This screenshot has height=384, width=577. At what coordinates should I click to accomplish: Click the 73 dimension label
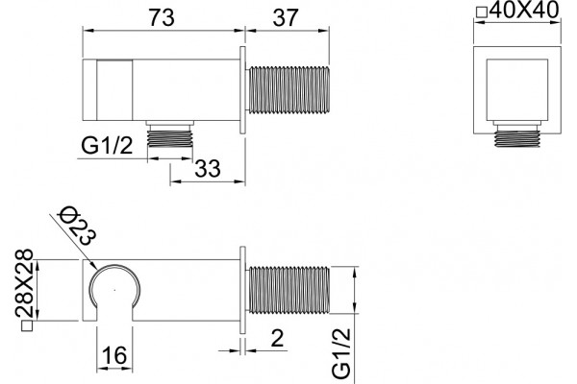(x=162, y=17)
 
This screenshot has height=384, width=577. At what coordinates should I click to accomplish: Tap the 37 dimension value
(x=286, y=17)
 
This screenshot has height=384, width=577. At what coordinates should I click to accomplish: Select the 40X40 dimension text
(x=524, y=10)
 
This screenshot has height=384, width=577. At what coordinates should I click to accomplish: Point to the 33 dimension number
(x=208, y=169)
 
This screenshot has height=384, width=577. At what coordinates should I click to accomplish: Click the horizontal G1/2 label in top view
(x=107, y=146)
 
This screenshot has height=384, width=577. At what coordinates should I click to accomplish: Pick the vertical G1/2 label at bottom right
(x=341, y=353)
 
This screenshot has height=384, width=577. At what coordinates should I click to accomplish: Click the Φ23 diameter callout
(x=78, y=226)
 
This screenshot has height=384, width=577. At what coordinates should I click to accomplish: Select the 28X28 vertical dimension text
(x=24, y=282)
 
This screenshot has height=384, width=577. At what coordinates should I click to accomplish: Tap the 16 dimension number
(x=114, y=355)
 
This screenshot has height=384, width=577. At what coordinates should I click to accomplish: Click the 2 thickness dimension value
(x=277, y=338)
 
